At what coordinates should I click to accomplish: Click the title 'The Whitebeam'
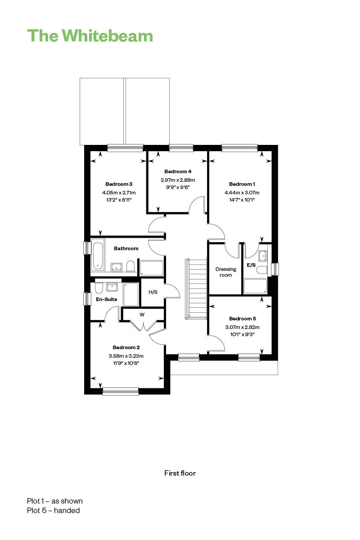coord(90,36)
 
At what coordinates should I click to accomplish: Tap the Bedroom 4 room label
coord(178,171)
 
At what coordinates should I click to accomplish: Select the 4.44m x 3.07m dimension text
coord(242,193)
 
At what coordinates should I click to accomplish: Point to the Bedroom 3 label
coord(119,184)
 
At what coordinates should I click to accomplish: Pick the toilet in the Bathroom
coord(130,266)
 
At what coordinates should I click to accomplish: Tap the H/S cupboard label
coord(153,292)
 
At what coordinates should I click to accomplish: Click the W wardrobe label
coord(142,315)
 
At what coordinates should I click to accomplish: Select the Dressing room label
coord(226,272)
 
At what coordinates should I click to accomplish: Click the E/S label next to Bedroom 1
coord(251,265)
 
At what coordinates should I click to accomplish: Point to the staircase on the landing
coord(196,289)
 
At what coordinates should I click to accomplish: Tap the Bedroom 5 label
coord(243,319)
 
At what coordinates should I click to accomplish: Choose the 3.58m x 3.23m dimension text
coord(126,356)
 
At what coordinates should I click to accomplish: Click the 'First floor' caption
coord(180,473)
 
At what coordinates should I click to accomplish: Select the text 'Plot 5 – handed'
coord(53,510)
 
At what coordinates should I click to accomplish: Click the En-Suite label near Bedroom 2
coord(106,299)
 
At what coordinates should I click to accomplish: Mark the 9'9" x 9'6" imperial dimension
coord(178,187)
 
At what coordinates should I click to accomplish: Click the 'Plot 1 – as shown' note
coord(55,501)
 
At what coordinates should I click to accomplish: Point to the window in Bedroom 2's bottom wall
coord(121,391)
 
